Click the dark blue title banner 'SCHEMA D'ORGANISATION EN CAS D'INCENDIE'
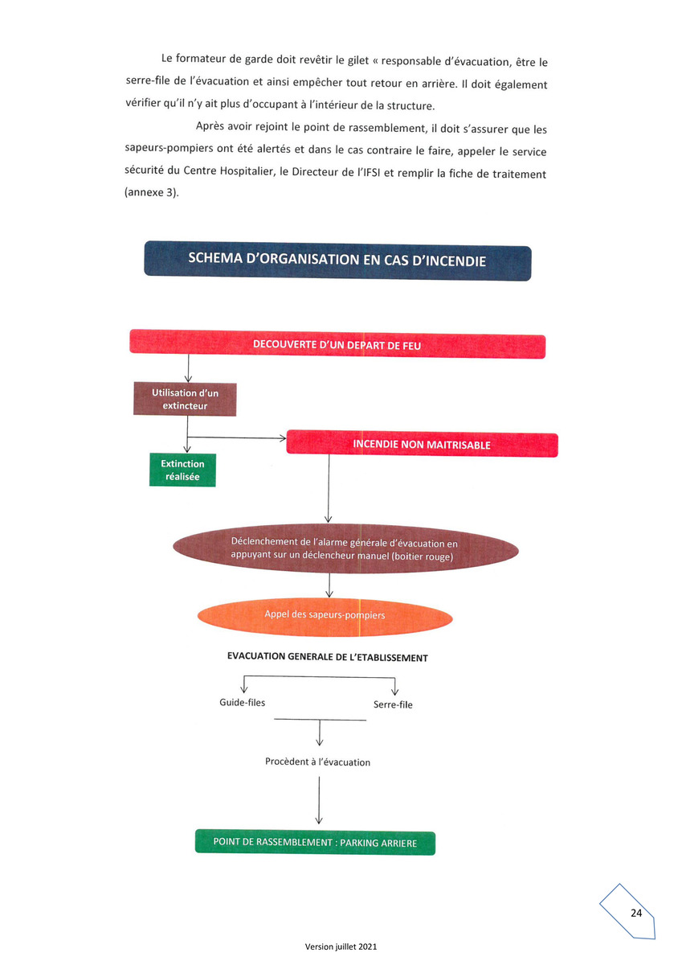[x=337, y=261]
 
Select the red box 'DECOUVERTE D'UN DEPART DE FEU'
[x=337, y=344]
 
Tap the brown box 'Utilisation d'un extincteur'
[x=185, y=399]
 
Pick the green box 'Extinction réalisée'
[x=182, y=470]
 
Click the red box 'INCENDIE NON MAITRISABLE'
[x=422, y=444]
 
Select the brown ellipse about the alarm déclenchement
[x=345, y=548]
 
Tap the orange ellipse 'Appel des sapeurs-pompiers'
[x=325, y=617]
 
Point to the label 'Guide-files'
[x=243, y=702]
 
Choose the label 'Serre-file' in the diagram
[x=393, y=704]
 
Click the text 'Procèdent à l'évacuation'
[x=317, y=762]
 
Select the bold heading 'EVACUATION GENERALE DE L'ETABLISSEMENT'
[x=328, y=657]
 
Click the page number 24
[x=636, y=913]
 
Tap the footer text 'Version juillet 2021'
[x=341, y=947]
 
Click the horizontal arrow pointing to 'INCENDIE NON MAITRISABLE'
[x=237, y=437]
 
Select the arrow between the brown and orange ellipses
[x=329, y=585]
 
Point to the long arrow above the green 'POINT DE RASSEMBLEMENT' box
[x=319, y=800]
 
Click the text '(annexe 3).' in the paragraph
[x=152, y=192]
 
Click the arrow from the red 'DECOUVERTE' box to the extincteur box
[x=188, y=368]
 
